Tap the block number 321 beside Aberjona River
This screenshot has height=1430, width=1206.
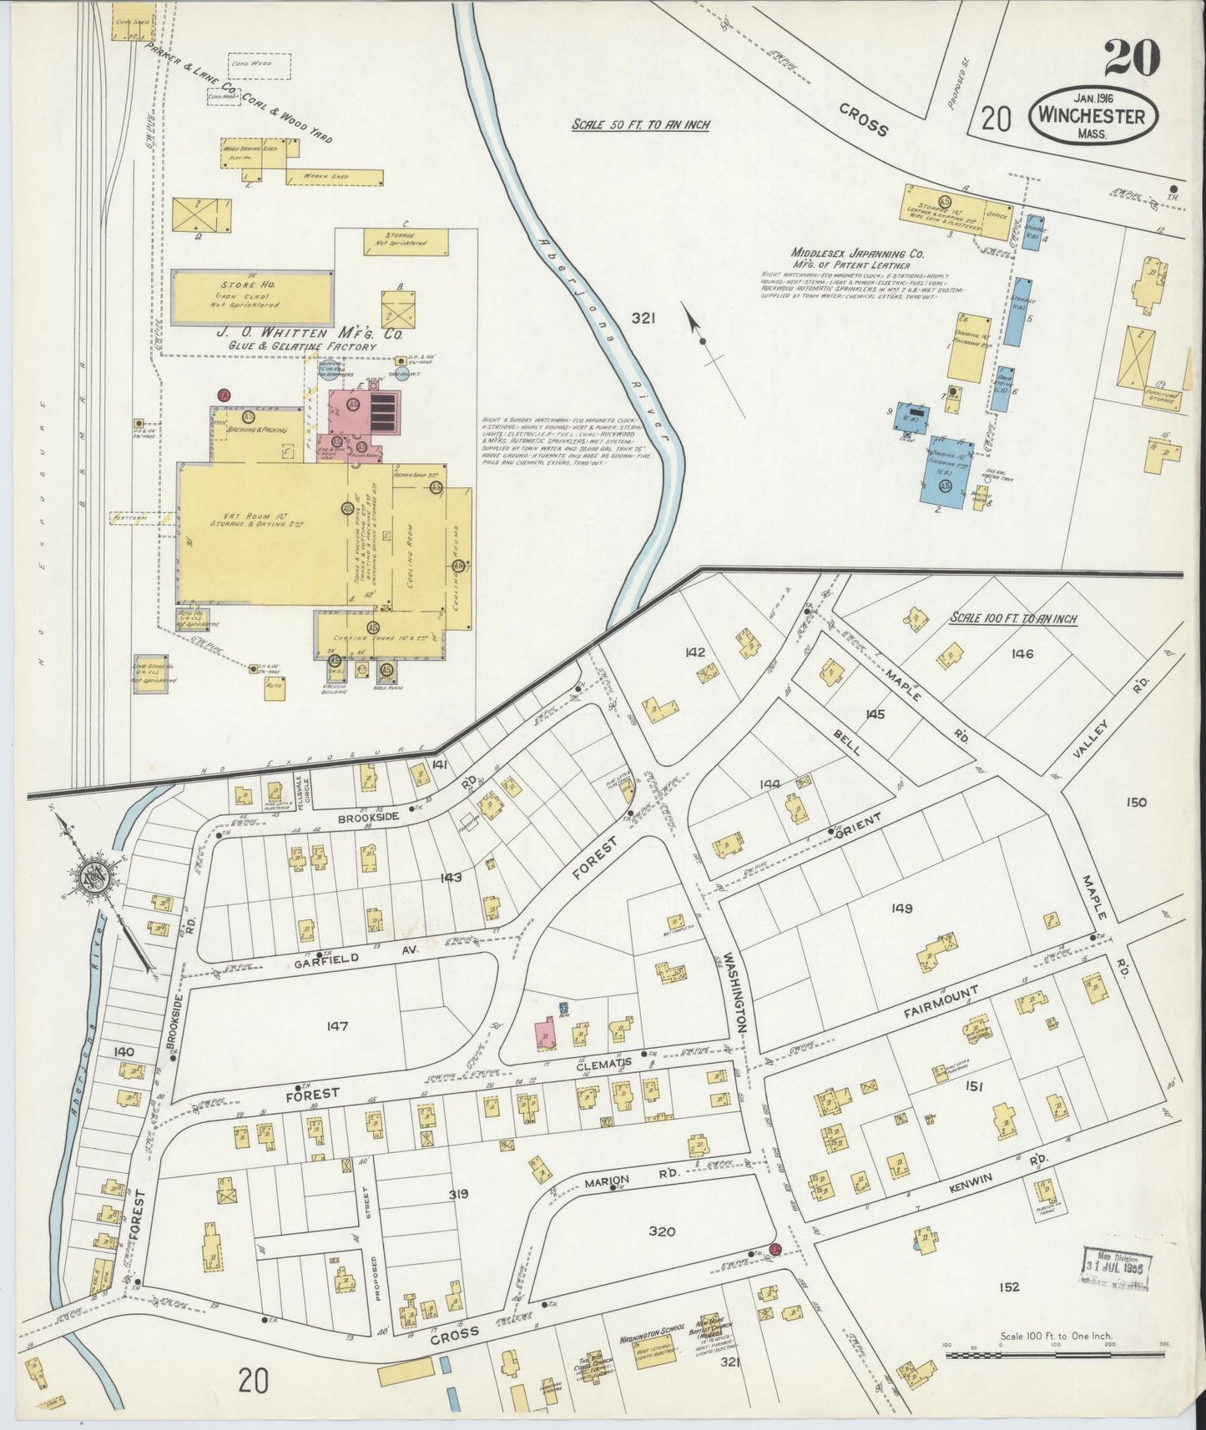(643, 318)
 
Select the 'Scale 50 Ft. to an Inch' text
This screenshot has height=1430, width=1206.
(640, 125)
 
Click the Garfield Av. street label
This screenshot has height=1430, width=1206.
(326, 959)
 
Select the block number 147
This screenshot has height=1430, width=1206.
(337, 1026)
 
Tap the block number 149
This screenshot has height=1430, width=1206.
(902, 909)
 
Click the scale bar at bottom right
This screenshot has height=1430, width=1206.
(1054, 1357)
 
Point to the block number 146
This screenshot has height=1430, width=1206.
(1022, 653)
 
